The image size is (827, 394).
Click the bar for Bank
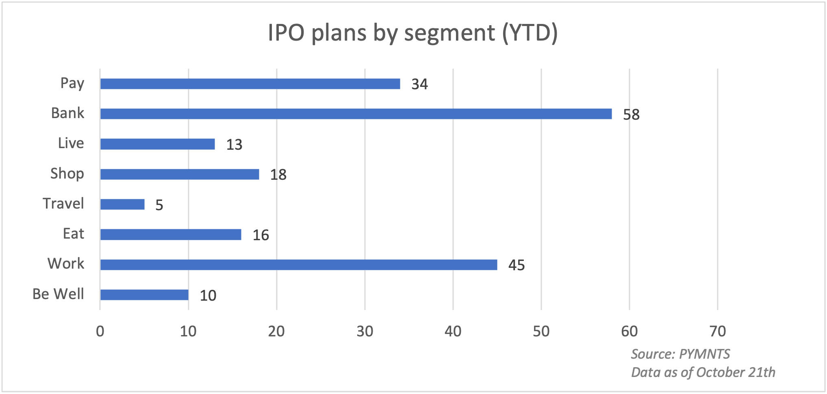pos(356,114)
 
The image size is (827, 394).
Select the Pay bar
pos(250,84)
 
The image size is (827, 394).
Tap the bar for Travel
pos(122,204)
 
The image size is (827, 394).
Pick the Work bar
pos(299,265)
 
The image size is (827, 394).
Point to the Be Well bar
pos(144,295)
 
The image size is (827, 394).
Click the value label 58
pos(631,114)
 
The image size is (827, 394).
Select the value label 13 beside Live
pos(234,144)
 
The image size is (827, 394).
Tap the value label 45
pos(517,265)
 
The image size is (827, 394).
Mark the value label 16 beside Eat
pos(260,235)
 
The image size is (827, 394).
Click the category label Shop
pos(67,174)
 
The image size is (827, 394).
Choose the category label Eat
pos(73,234)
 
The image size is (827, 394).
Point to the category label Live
pos(71,143)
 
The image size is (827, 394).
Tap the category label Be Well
pos(58,294)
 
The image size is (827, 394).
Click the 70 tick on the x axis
pos(717,332)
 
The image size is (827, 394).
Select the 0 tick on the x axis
pos(100,332)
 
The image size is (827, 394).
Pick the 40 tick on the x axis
pos(453,332)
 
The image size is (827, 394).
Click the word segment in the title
pos(449,33)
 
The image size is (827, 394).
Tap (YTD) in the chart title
pos(530,33)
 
